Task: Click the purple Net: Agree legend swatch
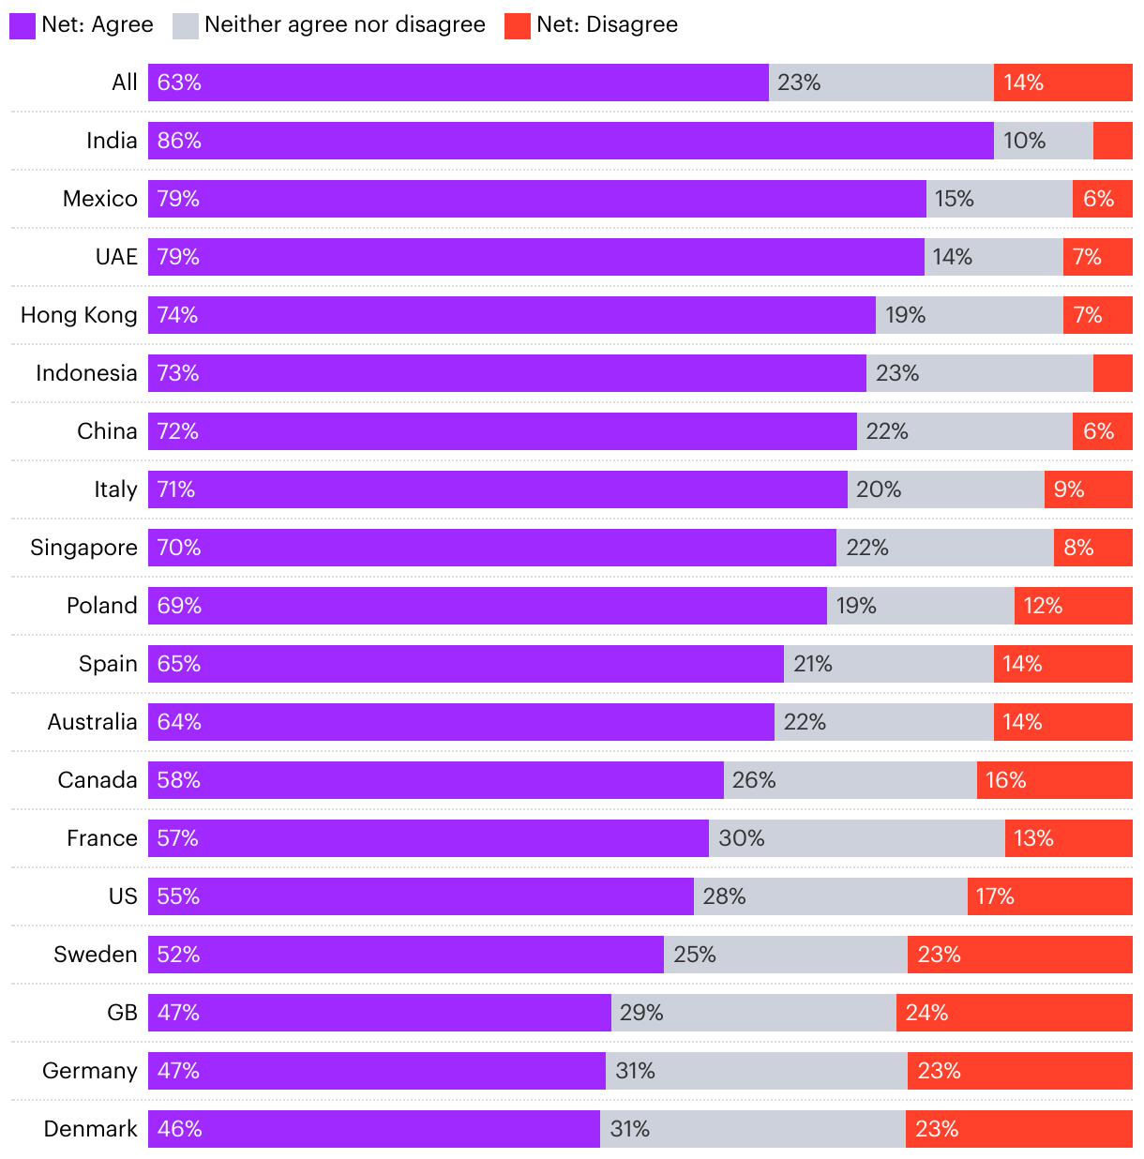[x=23, y=25]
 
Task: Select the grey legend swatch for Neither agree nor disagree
[x=186, y=25]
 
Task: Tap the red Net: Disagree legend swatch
[x=518, y=25]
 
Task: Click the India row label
[x=112, y=141]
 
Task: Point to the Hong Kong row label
[x=79, y=315]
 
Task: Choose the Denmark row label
[x=90, y=1129]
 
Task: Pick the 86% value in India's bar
[x=179, y=141]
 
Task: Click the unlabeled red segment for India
[x=1112, y=141]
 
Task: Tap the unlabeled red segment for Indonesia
[x=1112, y=373]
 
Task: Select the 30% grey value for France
[x=741, y=838]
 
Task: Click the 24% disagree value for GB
[x=926, y=1013]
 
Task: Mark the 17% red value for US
[x=995, y=896]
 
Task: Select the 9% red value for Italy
[x=1069, y=489]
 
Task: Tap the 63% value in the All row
[x=179, y=83]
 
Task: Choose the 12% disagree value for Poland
[x=1043, y=606]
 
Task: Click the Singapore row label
[x=83, y=548]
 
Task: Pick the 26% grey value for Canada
[x=754, y=780]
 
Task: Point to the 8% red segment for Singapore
[x=1092, y=548]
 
